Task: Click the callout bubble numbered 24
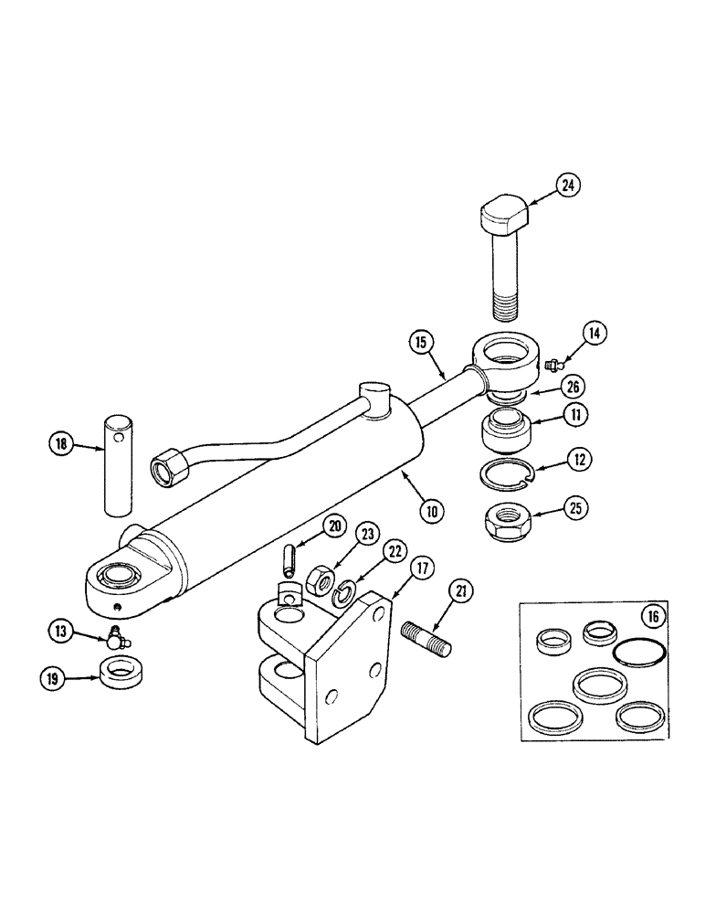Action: pos(568,186)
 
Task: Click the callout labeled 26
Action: pos(571,386)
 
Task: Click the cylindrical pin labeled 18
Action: pos(119,464)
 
